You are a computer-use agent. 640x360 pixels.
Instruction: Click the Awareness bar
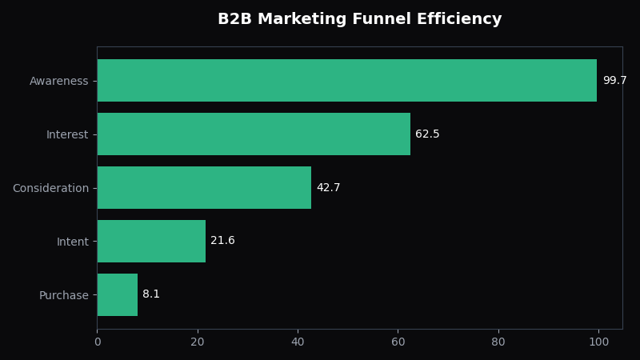pyautogui.click(x=347, y=81)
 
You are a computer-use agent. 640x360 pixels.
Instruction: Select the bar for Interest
pyautogui.click(x=254, y=134)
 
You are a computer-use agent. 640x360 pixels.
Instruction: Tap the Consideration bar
pyautogui.click(x=204, y=187)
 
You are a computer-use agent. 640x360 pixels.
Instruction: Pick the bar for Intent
pyautogui.click(x=151, y=242)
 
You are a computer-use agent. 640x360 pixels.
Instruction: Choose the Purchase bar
pyautogui.click(x=118, y=294)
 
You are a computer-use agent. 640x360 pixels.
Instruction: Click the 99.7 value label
pyautogui.click(x=614, y=81)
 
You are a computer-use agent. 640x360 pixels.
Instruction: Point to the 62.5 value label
pyautogui.click(x=427, y=134)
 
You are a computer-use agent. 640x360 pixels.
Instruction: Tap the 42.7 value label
pyautogui.click(x=328, y=187)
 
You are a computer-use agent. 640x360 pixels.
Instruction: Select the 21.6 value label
pyautogui.click(x=222, y=241)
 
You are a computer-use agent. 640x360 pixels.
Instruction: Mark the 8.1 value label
pyautogui.click(x=151, y=294)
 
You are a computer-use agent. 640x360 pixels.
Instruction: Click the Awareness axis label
pyautogui.click(x=58, y=81)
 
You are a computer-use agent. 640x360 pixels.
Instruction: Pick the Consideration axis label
pyautogui.click(x=50, y=188)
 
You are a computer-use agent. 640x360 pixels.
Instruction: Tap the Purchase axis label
pyautogui.click(x=64, y=295)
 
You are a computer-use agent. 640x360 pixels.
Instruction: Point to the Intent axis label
pyautogui.click(x=73, y=242)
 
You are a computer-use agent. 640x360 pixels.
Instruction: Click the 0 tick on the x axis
pyautogui.click(x=98, y=342)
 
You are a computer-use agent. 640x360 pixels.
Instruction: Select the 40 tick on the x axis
pyautogui.click(x=298, y=342)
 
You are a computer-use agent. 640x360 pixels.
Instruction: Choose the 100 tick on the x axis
pyautogui.click(x=598, y=342)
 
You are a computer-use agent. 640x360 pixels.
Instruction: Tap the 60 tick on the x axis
pyautogui.click(x=398, y=342)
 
